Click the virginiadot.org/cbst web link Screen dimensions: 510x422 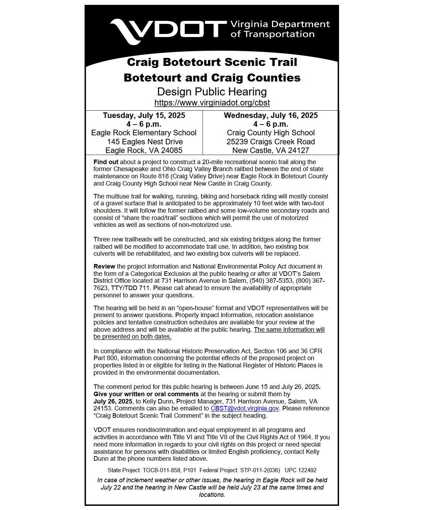coord(212,103)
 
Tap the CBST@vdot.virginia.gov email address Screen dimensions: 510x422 coord(245,408)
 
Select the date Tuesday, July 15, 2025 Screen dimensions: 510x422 coord(144,116)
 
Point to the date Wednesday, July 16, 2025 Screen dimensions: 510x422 coord(271,116)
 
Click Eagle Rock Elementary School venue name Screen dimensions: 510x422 coord(144,133)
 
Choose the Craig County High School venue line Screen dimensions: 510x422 coord(271,133)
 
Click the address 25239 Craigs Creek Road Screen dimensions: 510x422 coord(271,142)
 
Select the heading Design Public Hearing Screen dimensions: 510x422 coord(212,92)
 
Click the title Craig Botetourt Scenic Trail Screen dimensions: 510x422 coord(212,62)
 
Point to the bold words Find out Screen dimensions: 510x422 coord(106,162)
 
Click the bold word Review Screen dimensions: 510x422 coord(104,266)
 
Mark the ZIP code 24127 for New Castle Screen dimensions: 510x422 coord(298,151)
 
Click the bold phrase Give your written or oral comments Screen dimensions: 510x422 coord(146,394)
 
